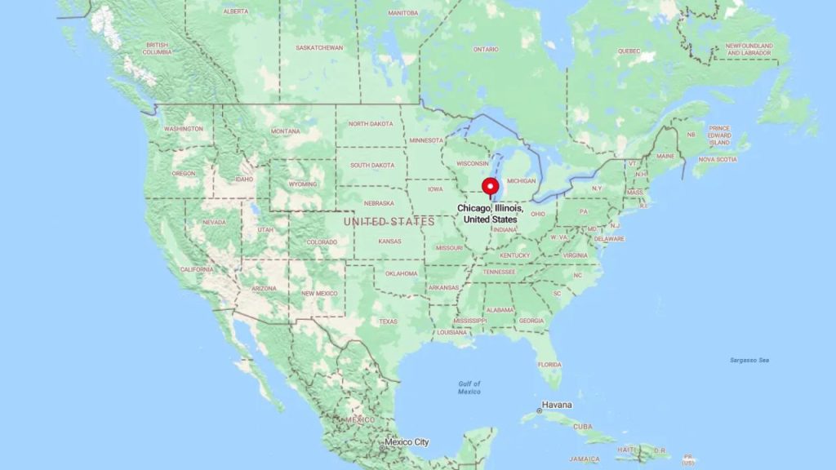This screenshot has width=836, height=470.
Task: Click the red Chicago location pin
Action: click(x=491, y=187)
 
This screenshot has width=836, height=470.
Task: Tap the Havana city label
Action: click(x=558, y=405)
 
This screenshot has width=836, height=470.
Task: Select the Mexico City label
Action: click(x=406, y=442)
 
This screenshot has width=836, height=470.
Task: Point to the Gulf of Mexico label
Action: click(x=469, y=388)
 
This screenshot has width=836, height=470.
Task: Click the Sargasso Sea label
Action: click(x=750, y=360)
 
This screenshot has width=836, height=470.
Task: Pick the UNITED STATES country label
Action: click(x=389, y=222)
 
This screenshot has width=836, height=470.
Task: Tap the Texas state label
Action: click(x=388, y=321)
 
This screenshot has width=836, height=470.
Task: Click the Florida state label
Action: click(x=549, y=364)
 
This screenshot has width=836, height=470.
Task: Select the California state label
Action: click(x=197, y=269)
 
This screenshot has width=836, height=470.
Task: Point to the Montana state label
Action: click(x=285, y=131)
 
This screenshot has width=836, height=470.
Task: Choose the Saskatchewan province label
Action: click(x=319, y=48)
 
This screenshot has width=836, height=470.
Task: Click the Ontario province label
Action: click(x=486, y=49)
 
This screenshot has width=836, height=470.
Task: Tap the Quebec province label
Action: click(x=629, y=51)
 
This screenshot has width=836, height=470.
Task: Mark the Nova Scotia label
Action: click(x=718, y=159)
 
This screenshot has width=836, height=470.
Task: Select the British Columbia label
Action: click(x=158, y=48)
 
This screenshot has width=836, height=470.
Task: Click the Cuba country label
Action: click(x=582, y=427)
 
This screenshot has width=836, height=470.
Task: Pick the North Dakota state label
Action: click(x=371, y=124)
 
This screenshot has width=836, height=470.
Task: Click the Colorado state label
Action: click(x=322, y=242)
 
